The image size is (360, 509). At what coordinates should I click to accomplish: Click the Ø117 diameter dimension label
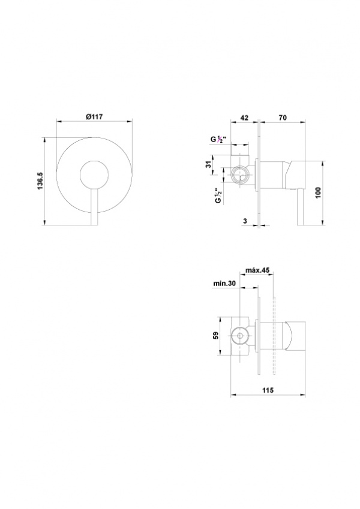tap(94, 117)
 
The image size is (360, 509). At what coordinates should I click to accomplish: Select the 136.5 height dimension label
tap(40, 181)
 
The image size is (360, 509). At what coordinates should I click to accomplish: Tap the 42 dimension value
tap(244, 118)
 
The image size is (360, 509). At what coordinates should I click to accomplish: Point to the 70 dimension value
tap(283, 118)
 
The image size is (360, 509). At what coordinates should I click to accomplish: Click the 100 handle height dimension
tap(318, 193)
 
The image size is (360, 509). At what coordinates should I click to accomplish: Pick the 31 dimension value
tap(209, 164)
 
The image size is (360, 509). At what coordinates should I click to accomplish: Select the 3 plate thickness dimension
tap(245, 221)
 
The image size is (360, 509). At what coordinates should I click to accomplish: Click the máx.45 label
tap(257, 270)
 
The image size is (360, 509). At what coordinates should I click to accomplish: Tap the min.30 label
tap(224, 283)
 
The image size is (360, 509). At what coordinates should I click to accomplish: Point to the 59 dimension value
tap(215, 335)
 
